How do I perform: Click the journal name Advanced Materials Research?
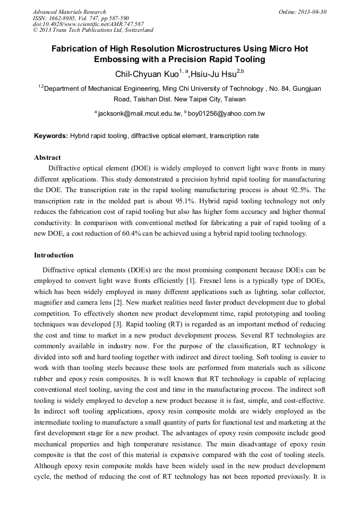69,12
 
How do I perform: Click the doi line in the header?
88,24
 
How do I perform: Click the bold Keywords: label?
51,136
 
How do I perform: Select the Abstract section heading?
47,158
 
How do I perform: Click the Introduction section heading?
54,255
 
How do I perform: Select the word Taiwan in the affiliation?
234,99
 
